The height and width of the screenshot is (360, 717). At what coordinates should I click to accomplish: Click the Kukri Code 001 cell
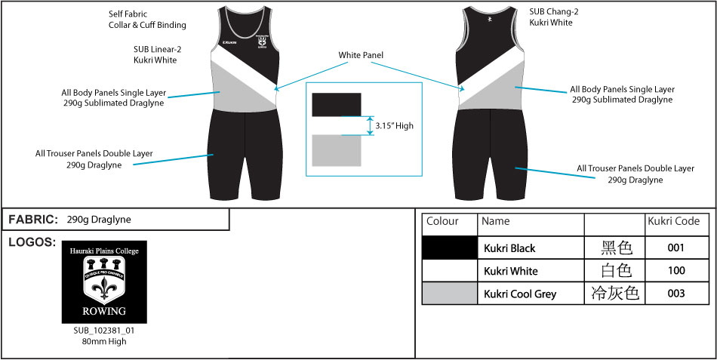[675, 248]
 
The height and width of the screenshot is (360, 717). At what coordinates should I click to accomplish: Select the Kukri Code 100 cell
[675, 271]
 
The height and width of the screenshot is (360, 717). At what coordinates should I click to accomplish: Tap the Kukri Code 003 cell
[675, 294]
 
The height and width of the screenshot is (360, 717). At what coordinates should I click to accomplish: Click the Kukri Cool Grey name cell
[520, 294]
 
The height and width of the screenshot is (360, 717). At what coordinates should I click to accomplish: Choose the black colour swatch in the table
[449, 248]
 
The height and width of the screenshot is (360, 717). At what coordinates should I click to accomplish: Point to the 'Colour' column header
[443, 222]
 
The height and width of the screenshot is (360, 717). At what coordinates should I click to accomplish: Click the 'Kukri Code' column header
[673, 222]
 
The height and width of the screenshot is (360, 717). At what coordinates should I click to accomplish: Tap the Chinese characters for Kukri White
[614, 271]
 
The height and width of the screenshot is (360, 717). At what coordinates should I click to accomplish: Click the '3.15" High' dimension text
[394, 125]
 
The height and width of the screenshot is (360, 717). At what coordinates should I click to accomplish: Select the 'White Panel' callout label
[360, 55]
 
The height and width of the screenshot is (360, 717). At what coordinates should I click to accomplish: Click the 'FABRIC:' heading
[33, 220]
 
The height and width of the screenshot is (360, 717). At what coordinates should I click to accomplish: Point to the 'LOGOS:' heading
[31, 242]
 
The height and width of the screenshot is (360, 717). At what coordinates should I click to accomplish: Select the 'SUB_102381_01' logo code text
[103, 331]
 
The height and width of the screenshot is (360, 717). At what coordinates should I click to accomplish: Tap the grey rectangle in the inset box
[337, 150]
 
